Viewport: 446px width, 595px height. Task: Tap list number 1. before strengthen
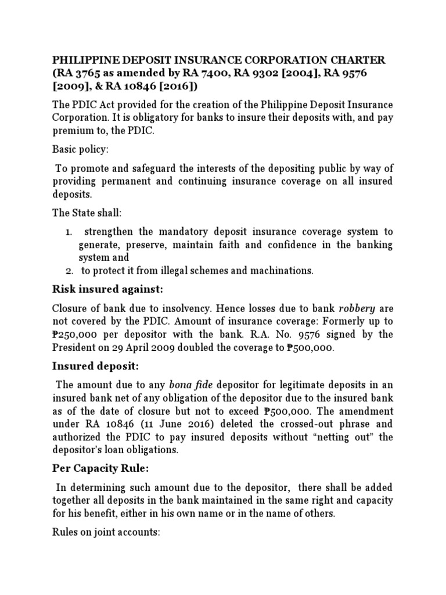coord(69,232)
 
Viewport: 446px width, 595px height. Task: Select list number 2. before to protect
coord(69,270)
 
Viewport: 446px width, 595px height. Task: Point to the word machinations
coord(281,270)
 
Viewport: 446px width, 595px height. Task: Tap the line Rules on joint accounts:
coord(106,532)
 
